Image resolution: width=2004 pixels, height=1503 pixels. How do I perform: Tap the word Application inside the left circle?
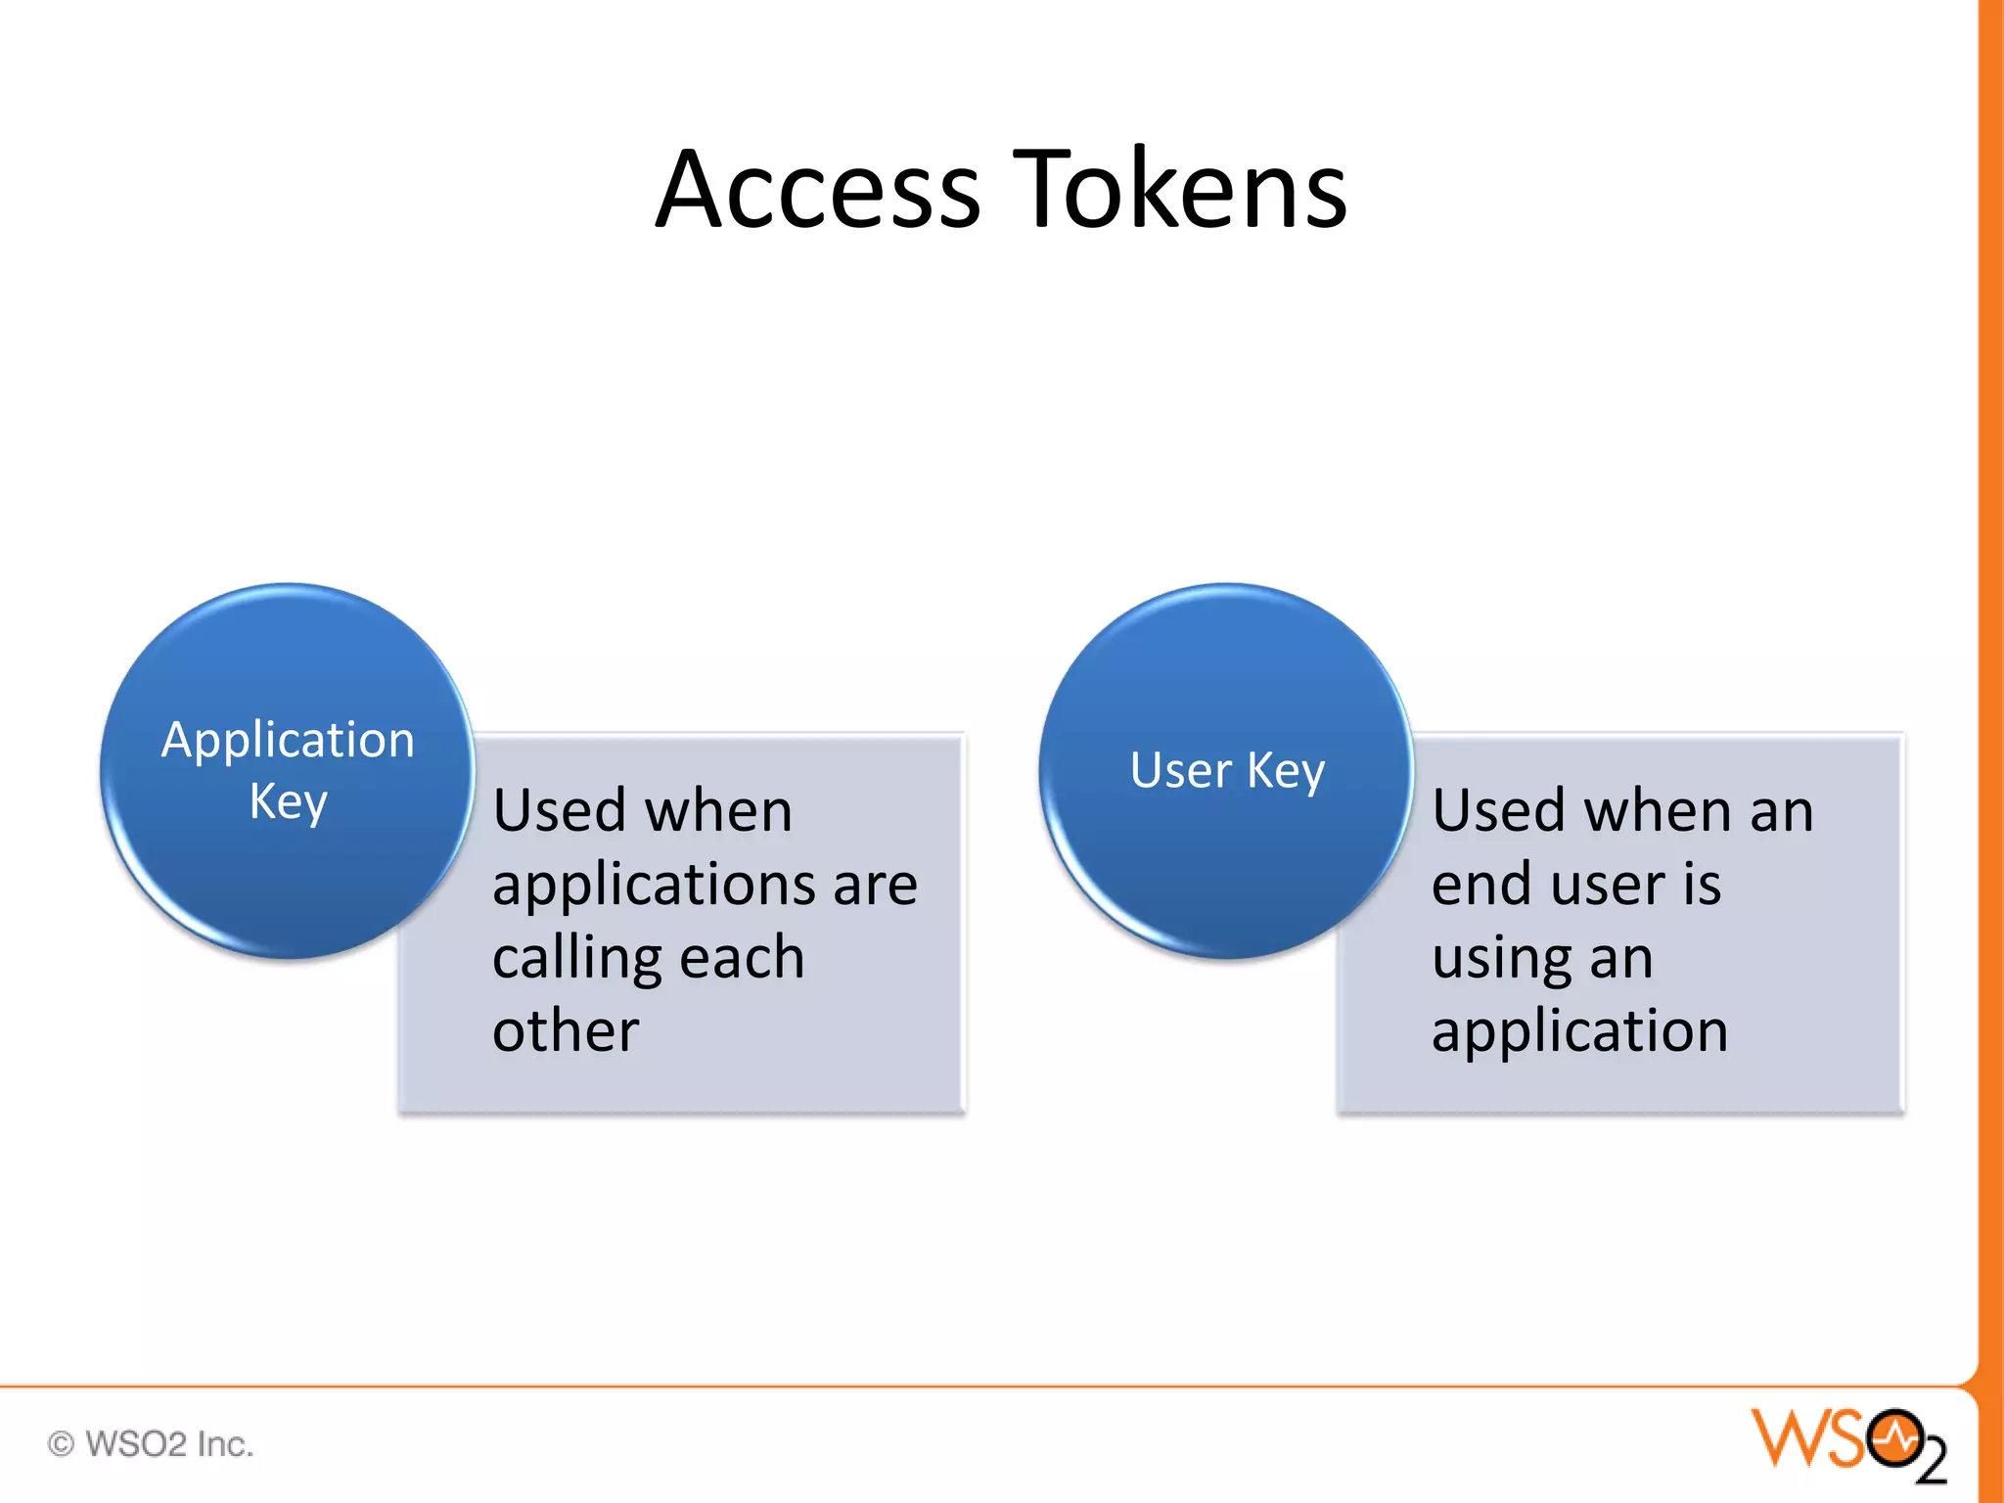click(288, 741)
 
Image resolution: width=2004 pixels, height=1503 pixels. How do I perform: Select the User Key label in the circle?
click(1227, 770)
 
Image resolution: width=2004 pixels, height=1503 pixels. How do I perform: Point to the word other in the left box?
click(566, 1030)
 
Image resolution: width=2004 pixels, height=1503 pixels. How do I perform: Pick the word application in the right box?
click(1579, 1032)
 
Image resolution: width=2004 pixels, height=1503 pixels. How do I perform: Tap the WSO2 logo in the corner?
click(1846, 1443)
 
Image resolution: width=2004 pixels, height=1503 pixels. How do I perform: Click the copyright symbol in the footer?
click(61, 1443)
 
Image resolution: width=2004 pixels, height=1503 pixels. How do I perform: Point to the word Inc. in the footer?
click(225, 1443)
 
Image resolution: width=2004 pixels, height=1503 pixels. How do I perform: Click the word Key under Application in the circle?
click(288, 802)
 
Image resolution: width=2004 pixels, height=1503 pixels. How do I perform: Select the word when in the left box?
click(718, 811)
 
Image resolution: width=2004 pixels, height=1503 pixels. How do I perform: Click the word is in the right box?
click(1703, 885)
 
